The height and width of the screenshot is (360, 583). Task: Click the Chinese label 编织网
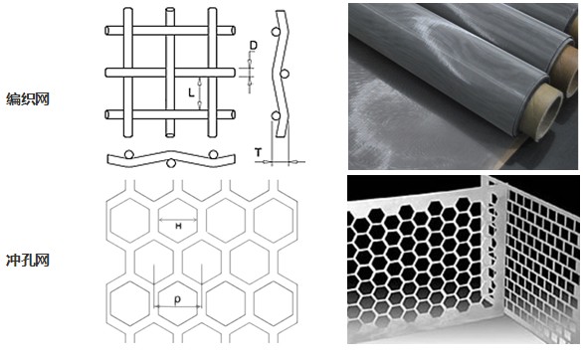coord(28,99)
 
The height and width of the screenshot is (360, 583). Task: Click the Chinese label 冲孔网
coord(28,261)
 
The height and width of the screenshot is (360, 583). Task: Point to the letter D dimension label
coord(254,46)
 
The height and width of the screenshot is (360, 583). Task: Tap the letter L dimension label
coord(191,92)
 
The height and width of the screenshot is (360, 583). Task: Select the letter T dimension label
coord(258,152)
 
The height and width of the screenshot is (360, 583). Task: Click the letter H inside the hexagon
coord(178,226)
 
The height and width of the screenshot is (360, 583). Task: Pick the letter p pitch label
coord(177,299)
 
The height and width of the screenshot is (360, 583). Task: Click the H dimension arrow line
coord(178,220)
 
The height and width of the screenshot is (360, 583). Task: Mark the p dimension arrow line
coord(177,306)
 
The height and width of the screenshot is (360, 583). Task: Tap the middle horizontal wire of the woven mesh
coord(170,73)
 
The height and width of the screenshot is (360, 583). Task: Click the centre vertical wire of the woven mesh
coord(170,73)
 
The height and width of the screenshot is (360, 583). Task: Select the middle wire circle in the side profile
coord(285,74)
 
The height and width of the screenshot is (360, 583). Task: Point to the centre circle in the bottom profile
coord(171,163)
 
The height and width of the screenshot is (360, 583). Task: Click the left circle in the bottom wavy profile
coord(129,154)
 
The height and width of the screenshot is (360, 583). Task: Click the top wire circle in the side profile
coord(276,32)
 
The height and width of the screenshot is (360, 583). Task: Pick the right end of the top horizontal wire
coord(233,31)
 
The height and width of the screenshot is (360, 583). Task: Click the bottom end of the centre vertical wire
coord(170,135)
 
